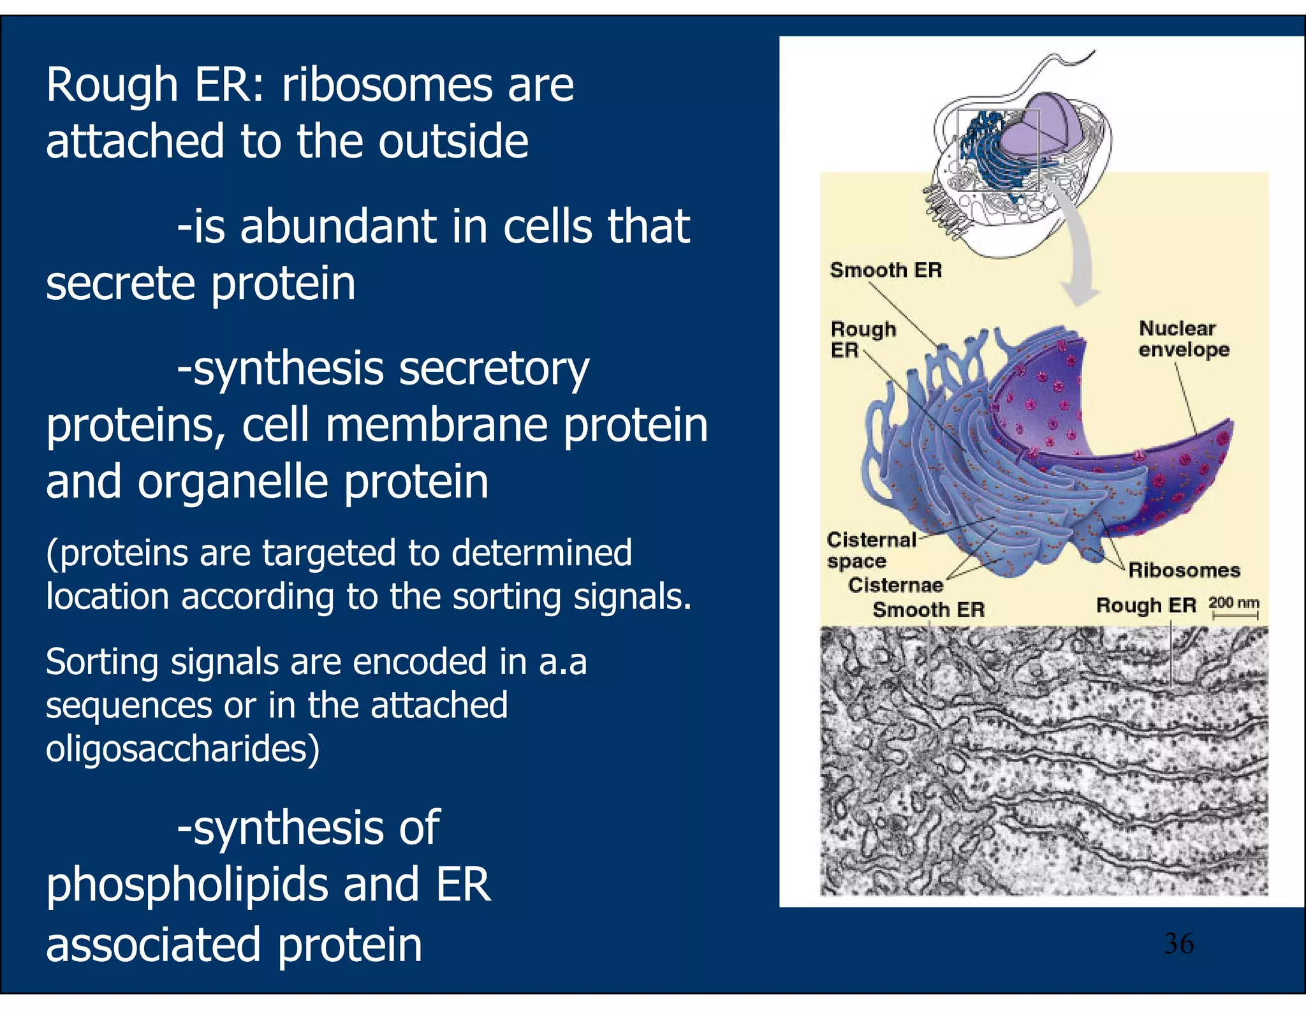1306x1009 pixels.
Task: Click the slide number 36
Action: pos(1178,943)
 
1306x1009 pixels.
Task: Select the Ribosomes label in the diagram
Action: pos(1184,570)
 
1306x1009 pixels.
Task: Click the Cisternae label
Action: pos(895,585)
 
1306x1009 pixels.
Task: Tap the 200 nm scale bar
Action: pos(1235,608)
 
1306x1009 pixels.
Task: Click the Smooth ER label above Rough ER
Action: pos(886,270)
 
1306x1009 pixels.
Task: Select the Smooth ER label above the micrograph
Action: pos(928,610)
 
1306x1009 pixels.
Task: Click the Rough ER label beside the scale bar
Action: pos(1146,605)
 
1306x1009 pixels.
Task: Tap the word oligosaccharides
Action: pos(182,749)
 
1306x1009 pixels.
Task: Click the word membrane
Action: pos(436,425)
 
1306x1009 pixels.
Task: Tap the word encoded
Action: pos(421,662)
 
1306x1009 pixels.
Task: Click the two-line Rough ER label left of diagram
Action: pos(862,339)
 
